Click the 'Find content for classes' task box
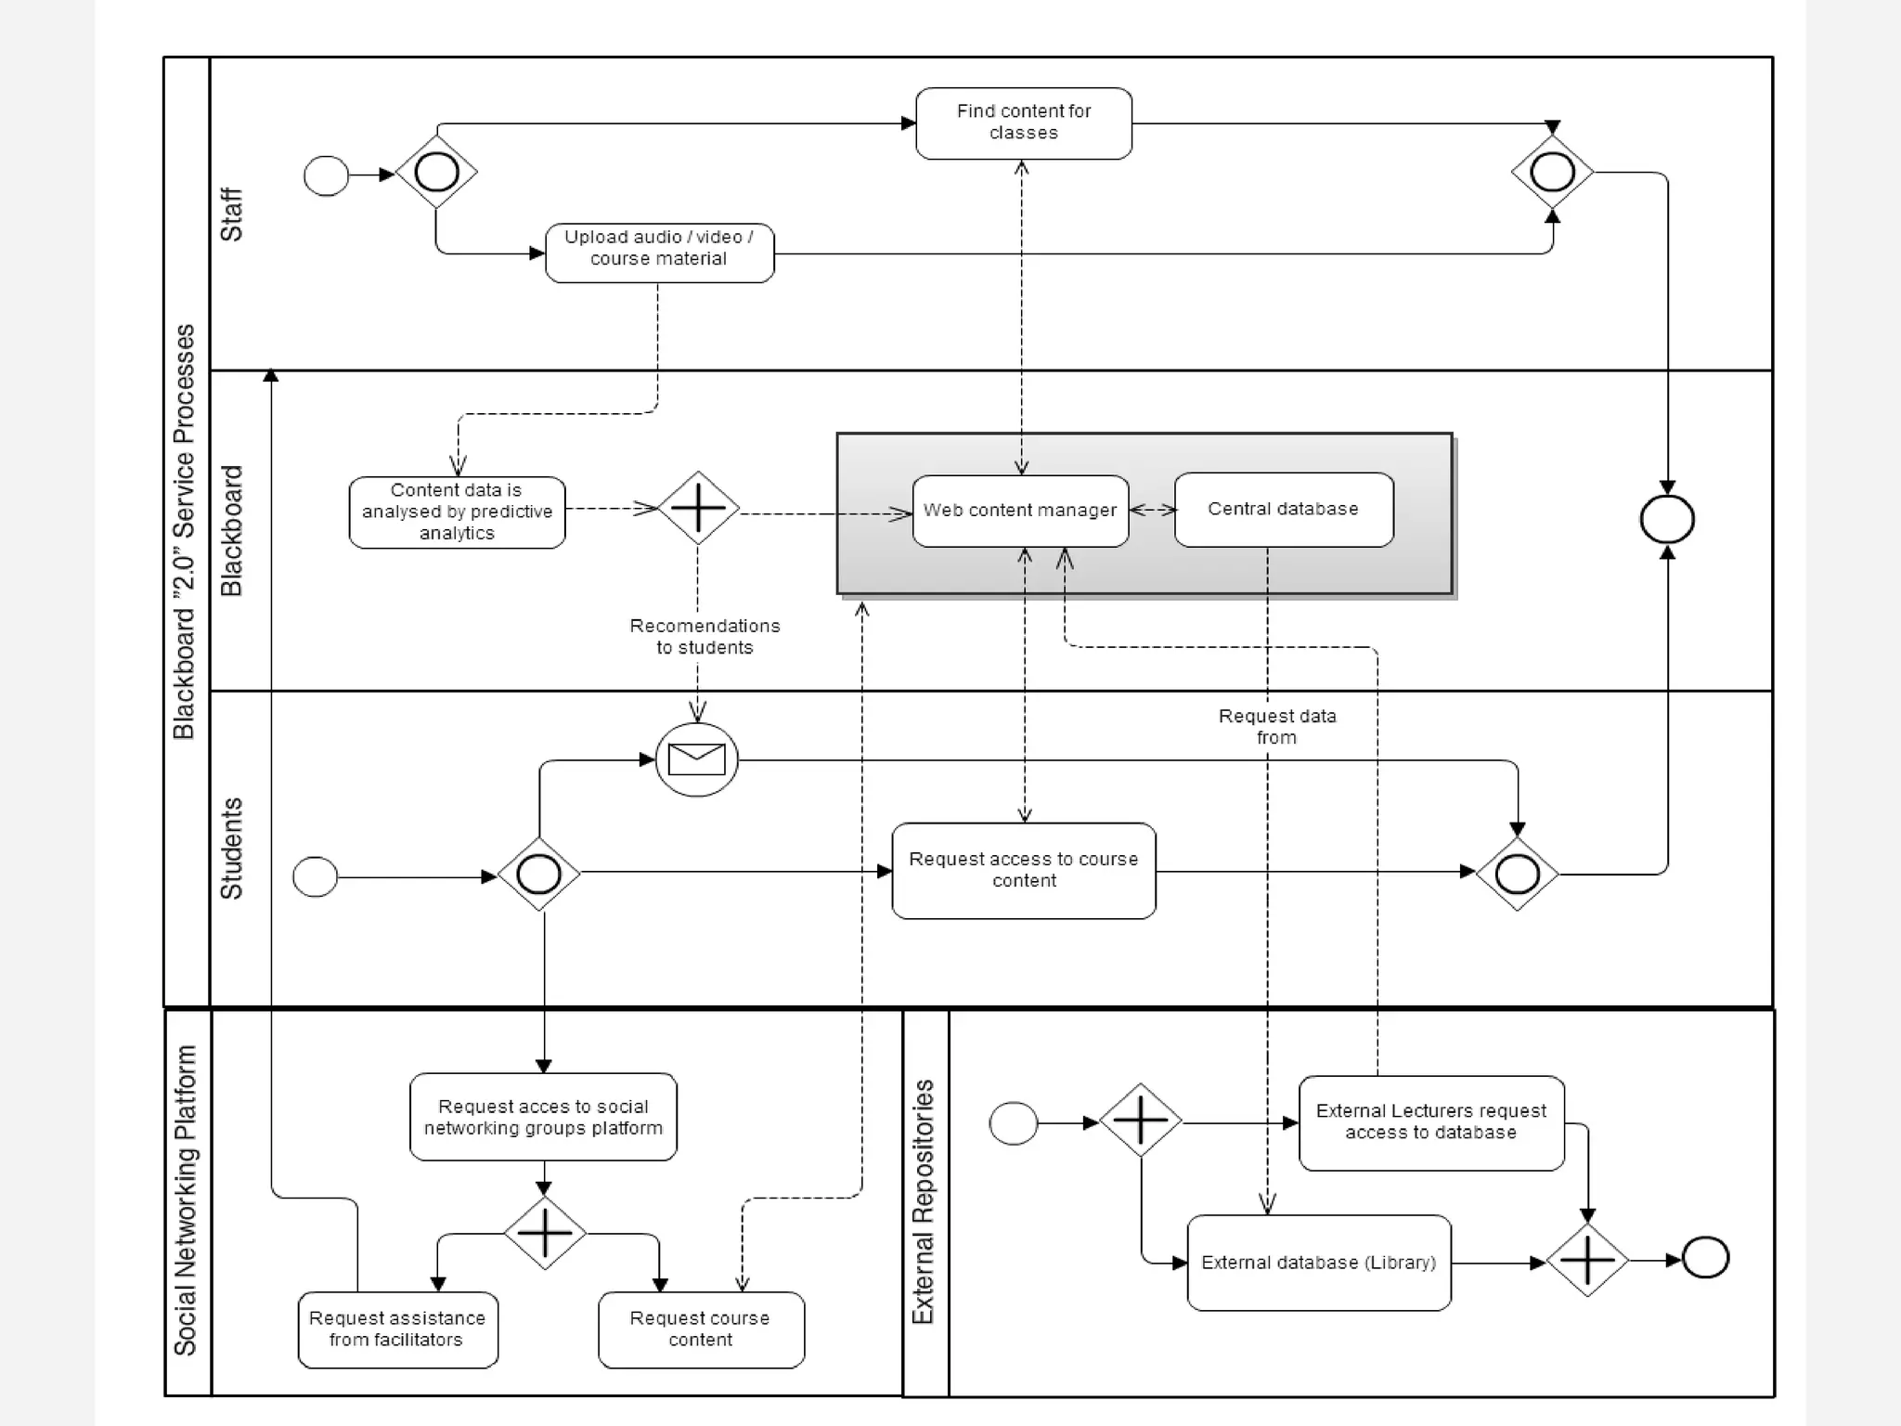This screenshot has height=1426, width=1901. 1023,123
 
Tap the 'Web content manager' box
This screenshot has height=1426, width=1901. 1020,511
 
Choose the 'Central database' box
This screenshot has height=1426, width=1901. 1283,510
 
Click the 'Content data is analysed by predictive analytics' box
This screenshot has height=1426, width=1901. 457,512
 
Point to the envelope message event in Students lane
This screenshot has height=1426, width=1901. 696,759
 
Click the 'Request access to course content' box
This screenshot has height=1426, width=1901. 1023,871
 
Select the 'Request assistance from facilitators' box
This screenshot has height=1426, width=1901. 397,1329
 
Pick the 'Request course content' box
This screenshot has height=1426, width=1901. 700,1329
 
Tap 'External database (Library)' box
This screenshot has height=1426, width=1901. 1318,1263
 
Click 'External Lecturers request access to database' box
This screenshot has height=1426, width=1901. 1430,1122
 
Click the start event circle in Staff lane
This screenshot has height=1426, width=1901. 326,175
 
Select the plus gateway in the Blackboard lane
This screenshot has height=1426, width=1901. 698,508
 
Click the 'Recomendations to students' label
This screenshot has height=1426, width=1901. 705,637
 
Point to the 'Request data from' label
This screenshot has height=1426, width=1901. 1277,727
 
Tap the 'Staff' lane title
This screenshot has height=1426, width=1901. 230,214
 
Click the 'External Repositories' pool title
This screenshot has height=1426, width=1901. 924,1201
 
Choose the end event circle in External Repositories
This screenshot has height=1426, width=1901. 1705,1259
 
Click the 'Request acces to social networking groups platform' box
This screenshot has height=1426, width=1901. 543,1117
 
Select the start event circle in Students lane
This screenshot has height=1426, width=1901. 315,876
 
